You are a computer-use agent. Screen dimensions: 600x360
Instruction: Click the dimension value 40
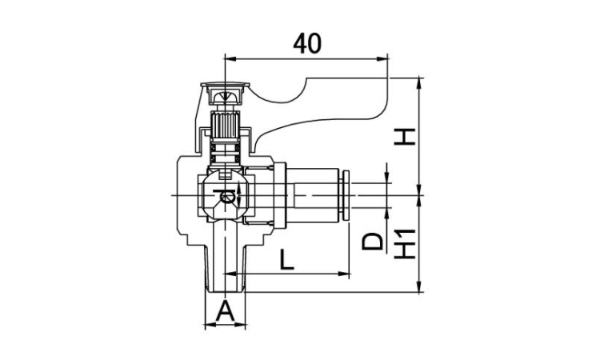coord(307,44)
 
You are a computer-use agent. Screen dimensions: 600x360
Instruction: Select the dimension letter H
coord(406,137)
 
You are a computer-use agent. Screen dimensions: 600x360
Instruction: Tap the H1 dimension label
coord(406,243)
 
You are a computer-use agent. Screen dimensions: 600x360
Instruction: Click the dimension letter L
coord(286,259)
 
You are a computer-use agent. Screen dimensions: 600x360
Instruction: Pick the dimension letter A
coord(225,310)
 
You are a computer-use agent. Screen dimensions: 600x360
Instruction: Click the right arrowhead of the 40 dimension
coord(381,59)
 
